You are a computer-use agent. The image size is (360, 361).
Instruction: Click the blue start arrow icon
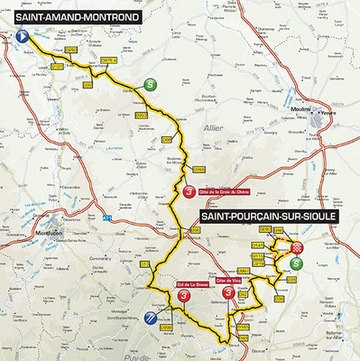point(21,36)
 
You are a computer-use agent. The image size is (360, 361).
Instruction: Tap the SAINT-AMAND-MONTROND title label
point(76,16)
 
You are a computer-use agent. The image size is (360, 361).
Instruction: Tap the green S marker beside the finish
point(297,264)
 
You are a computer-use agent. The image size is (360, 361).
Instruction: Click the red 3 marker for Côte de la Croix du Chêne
point(188,192)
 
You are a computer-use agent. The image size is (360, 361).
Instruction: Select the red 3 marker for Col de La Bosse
point(184,295)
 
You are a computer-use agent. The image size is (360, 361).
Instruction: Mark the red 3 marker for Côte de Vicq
point(237,292)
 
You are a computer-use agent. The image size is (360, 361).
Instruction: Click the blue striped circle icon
point(150,317)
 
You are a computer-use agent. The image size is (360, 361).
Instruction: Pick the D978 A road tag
point(106,60)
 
